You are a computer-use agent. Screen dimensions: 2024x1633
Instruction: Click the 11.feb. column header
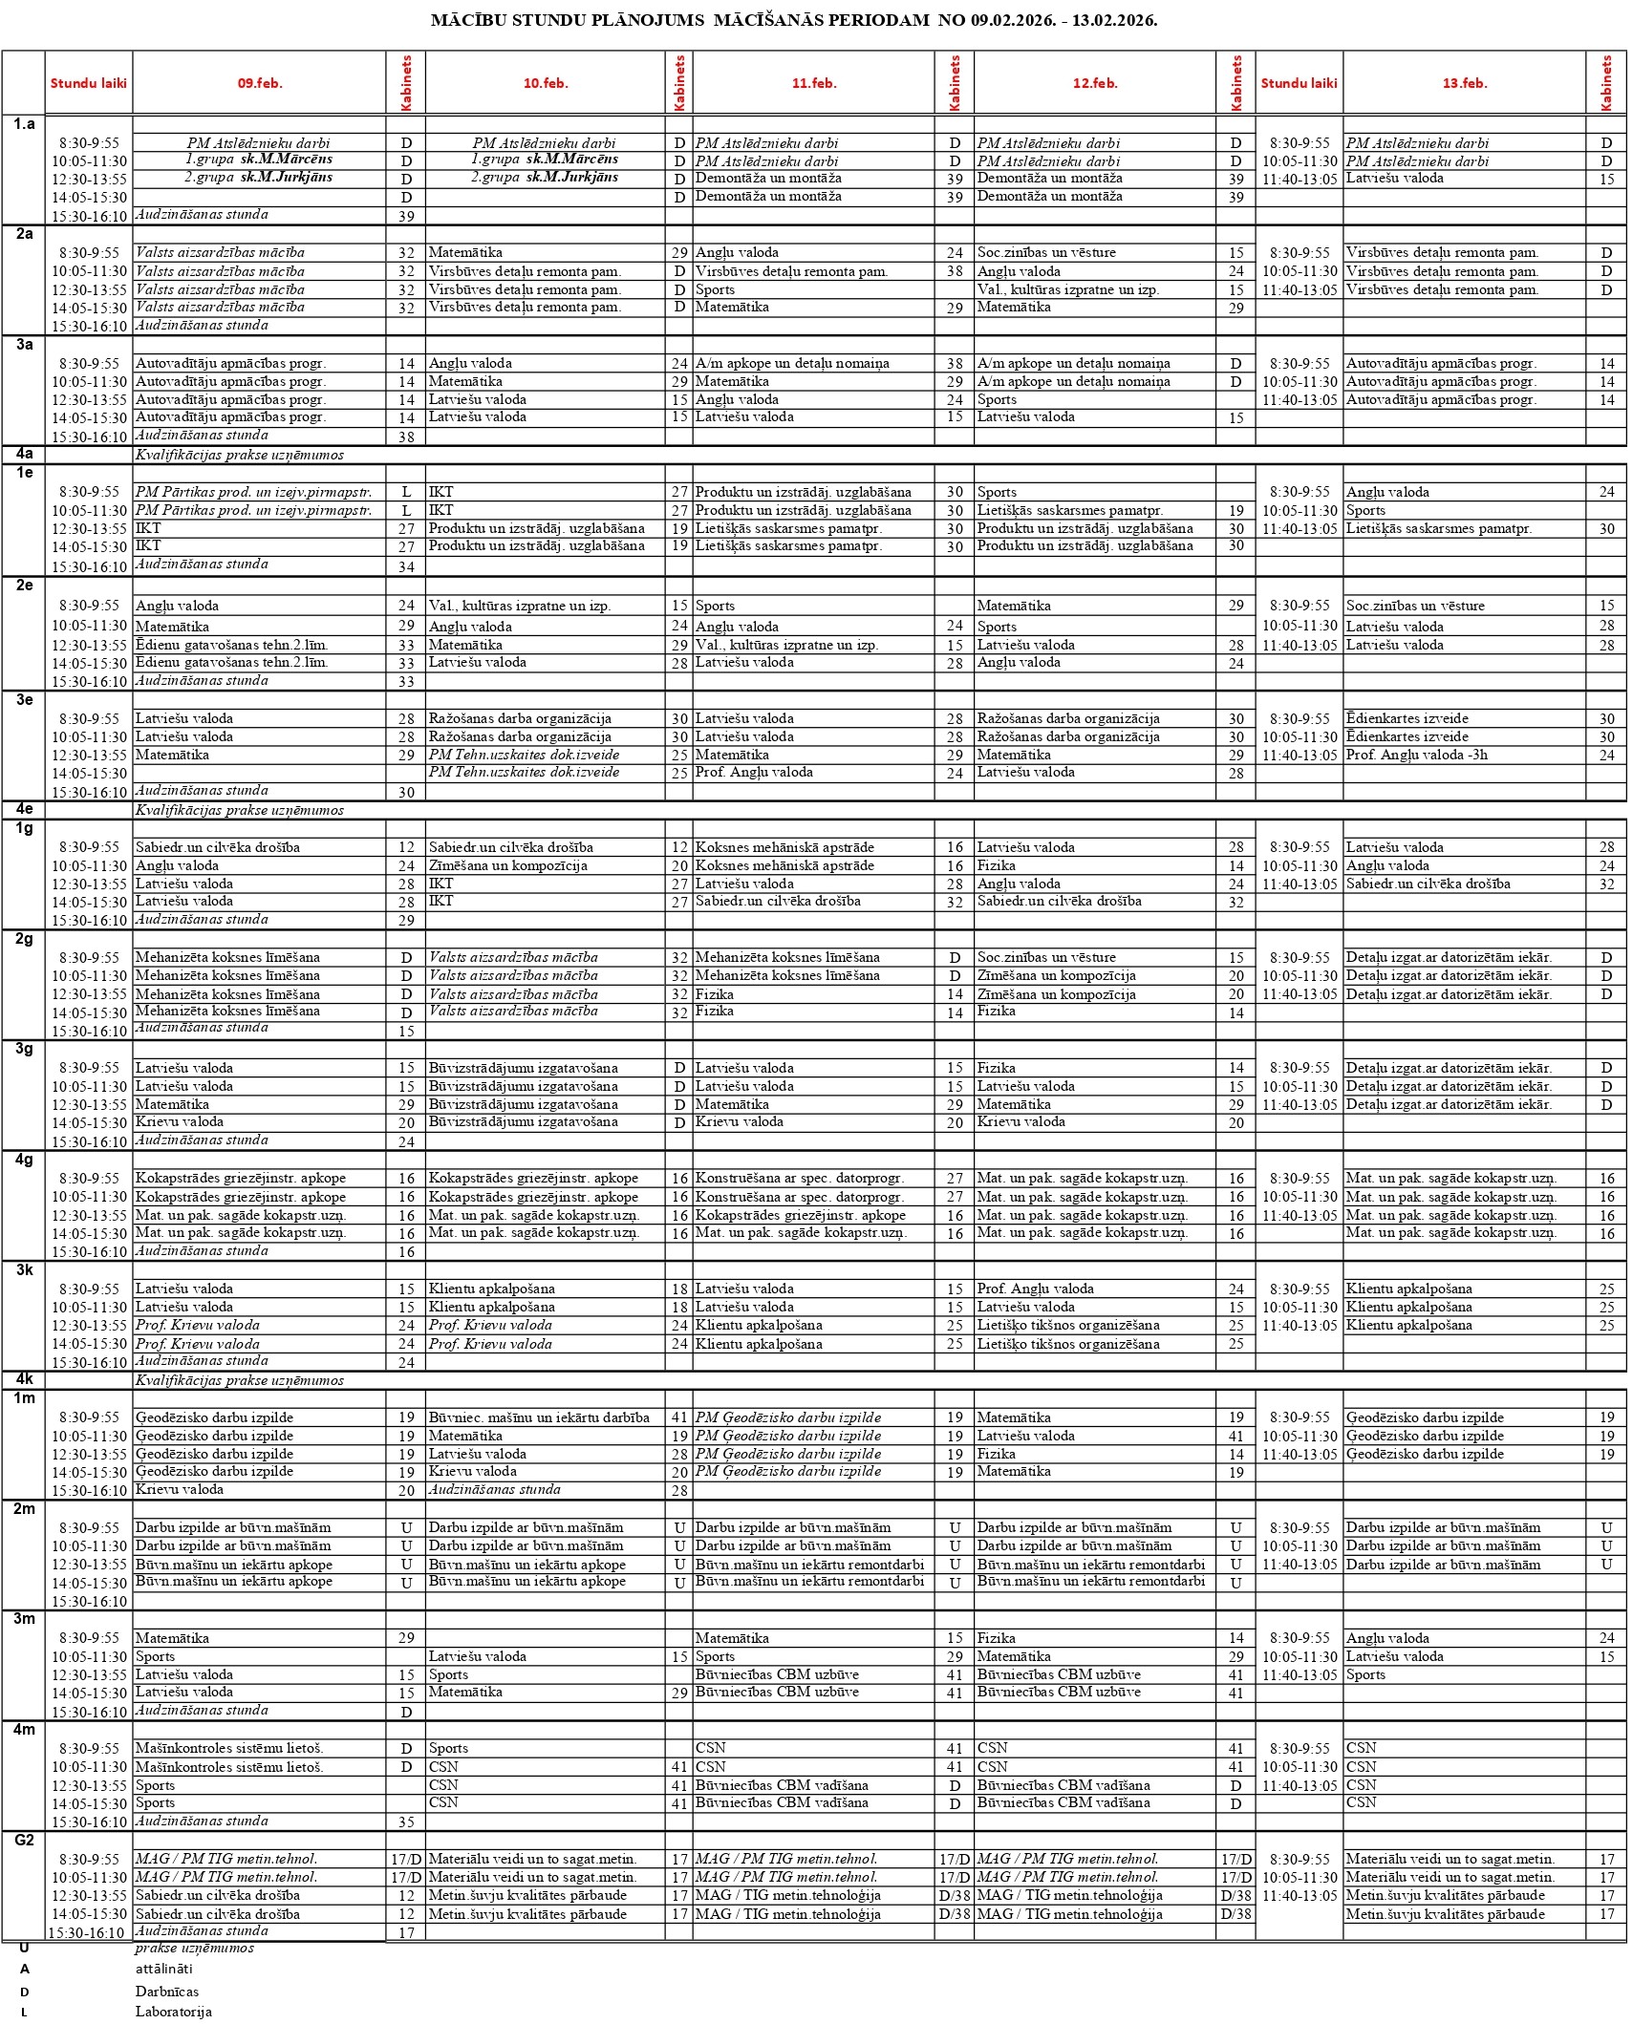[813, 83]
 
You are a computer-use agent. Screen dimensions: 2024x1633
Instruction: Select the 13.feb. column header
[1464, 83]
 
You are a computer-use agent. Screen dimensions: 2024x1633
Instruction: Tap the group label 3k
[24, 1269]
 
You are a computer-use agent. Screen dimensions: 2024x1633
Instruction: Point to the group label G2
[24, 1840]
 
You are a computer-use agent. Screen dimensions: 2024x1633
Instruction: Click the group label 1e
[24, 472]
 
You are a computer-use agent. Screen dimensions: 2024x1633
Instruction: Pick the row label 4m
[24, 1729]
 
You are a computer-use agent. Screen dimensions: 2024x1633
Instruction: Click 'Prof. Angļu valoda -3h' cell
[1416, 755]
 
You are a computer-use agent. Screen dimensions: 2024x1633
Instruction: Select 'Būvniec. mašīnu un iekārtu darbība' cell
[539, 1417]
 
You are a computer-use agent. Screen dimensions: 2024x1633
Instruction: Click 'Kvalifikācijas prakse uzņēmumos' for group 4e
[239, 810]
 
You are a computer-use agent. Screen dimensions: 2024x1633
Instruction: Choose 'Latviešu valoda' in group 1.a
[1394, 179]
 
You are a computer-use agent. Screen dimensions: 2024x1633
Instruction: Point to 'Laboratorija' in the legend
[173, 2012]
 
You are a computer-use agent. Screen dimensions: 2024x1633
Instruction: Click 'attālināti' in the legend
[163, 1969]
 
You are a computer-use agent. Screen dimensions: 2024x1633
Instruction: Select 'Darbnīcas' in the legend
[167, 1992]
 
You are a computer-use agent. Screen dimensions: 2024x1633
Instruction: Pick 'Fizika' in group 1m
[996, 1454]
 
